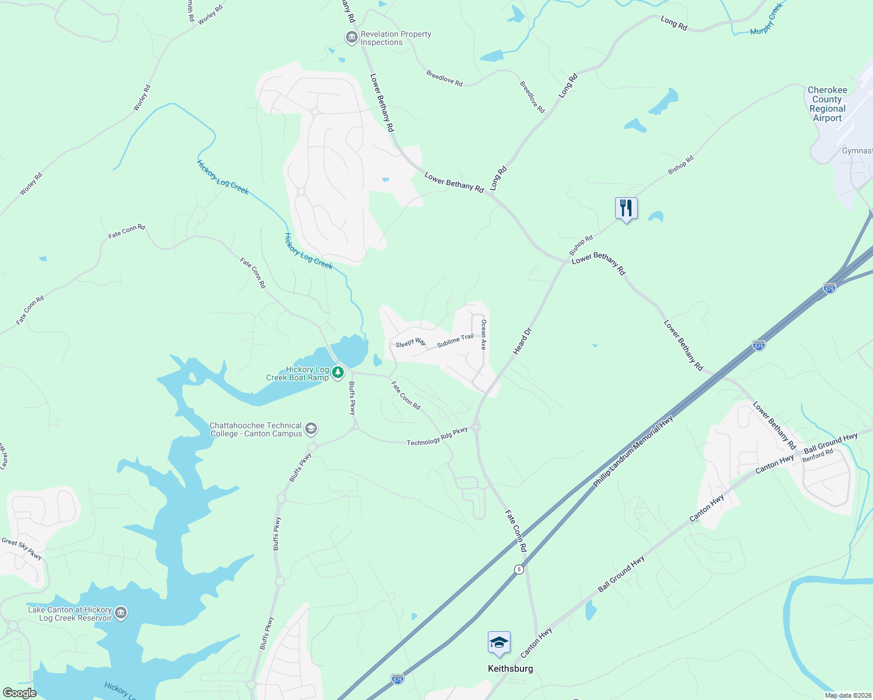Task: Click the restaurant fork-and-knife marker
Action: [x=626, y=208]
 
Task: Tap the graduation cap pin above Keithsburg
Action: [x=499, y=643]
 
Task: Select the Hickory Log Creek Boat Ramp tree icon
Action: [x=337, y=372]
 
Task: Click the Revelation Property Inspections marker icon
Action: [x=351, y=38]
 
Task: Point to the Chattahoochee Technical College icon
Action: [x=311, y=429]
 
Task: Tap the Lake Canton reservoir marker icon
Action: [x=121, y=612]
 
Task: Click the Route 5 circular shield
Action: [x=519, y=569]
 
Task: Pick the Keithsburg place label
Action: [x=510, y=668]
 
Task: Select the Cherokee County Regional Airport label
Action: [x=827, y=104]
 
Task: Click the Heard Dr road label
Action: [x=523, y=341]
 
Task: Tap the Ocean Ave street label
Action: [x=483, y=334]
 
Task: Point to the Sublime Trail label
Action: [x=455, y=340]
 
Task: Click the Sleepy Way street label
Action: [x=410, y=343]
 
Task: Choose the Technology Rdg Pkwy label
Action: [x=437, y=436]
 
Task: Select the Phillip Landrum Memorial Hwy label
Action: [x=633, y=452]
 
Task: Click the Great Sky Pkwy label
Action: [x=22, y=549]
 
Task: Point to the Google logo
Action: [x=19, y=693]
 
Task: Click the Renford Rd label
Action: [x=817, y=456]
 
